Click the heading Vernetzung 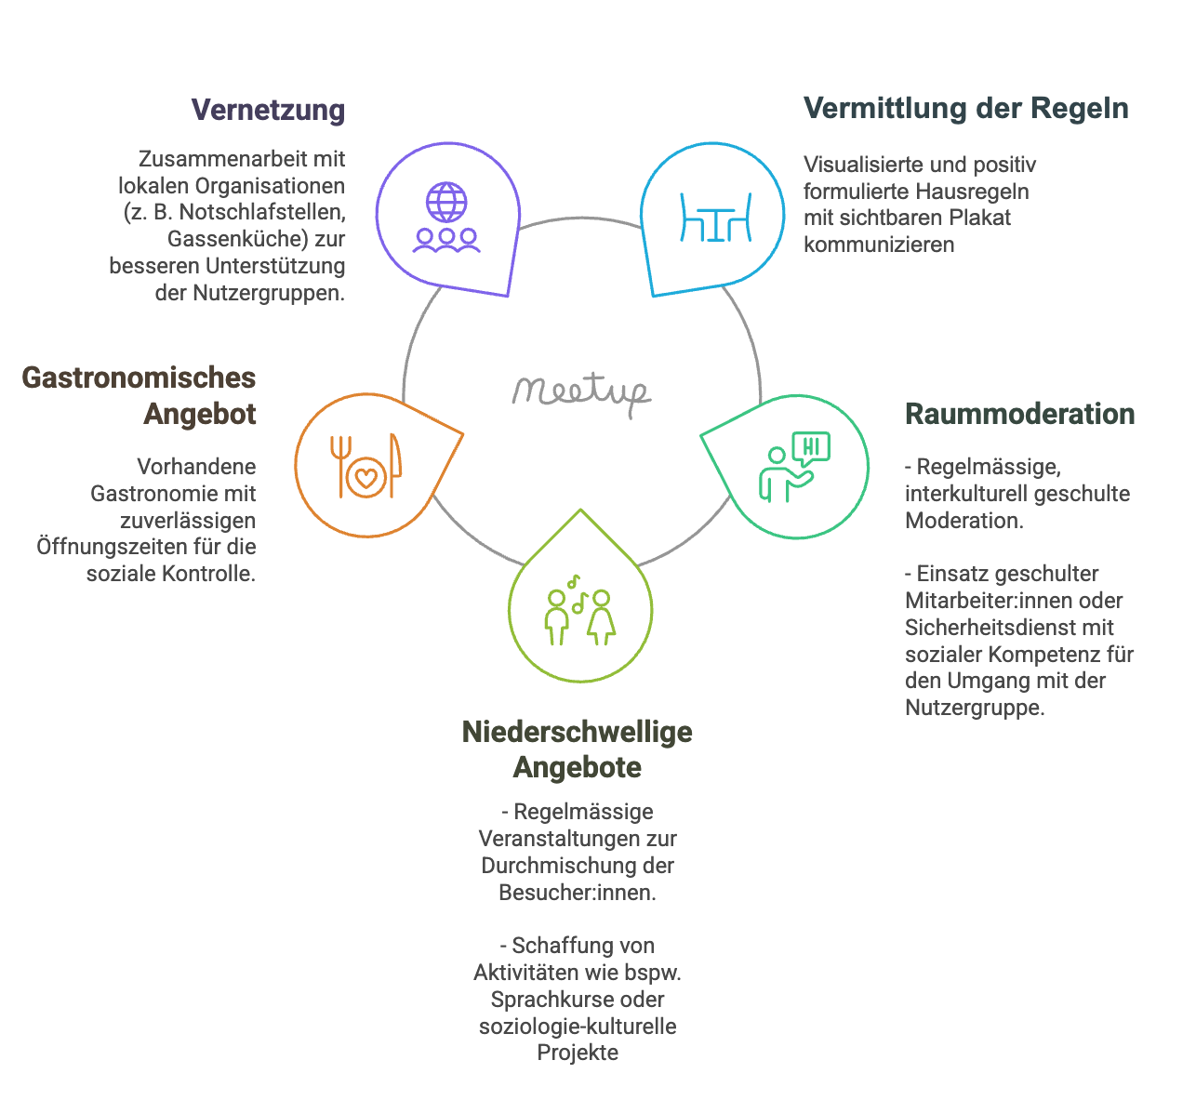(268, 111)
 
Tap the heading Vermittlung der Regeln (966, 109)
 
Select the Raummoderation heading (1019, 414)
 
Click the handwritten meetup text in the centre (581, 393)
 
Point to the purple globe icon (446, 202)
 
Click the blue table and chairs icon (715, 217)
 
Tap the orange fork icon (340, 466)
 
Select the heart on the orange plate (365, 478)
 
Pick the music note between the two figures (578, 603)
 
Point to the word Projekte (578, 1053)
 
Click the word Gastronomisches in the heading (139, 378)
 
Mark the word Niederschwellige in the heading (578, 732)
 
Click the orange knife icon (394, 465)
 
